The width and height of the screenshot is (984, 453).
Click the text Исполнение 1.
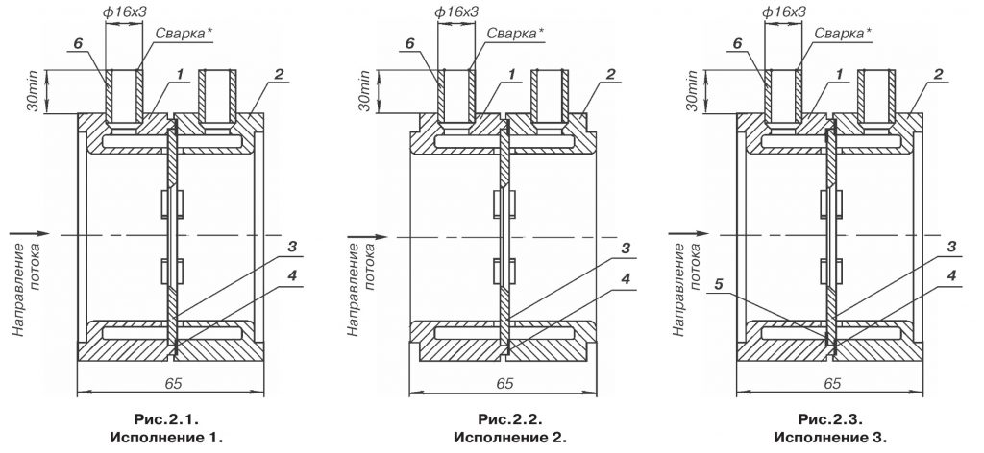[170, 438]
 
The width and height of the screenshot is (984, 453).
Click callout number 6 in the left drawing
[78, 43]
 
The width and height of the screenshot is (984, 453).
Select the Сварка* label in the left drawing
[182, 33]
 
